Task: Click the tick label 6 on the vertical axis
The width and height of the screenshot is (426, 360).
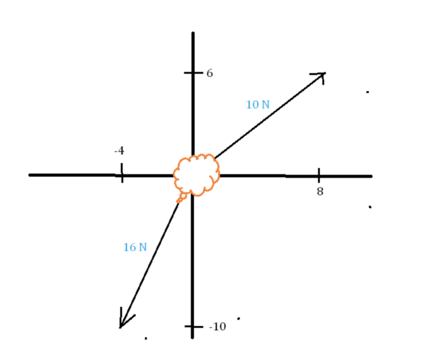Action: [x=210, y=73]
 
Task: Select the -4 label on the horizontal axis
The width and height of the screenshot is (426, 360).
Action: [x=119, y=151]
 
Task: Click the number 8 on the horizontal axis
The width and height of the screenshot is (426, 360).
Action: [x=320, y=191]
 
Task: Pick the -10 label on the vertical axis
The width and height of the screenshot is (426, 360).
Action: [x=217, y=326]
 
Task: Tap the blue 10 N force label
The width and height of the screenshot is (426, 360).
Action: [x=257, y=105]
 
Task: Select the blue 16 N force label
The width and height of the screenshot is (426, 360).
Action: [x=135, y=248]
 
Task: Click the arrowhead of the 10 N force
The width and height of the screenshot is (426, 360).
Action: [x=322, y=75]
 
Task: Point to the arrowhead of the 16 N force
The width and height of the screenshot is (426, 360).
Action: [x=122, y=323]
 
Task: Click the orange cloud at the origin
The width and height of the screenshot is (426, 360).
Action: [x=197, y=175]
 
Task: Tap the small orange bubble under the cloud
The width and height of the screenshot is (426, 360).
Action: [x=182, y=197]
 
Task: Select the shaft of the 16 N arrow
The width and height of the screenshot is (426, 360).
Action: [x=150, y=261]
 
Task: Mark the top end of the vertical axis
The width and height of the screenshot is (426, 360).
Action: [x=193, y=34]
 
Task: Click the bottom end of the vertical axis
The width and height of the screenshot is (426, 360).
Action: [x=192, y=337]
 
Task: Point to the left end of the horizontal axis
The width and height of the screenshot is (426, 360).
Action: [x=30, y=175]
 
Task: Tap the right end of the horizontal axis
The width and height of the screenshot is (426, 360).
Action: [x=370, y=176]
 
